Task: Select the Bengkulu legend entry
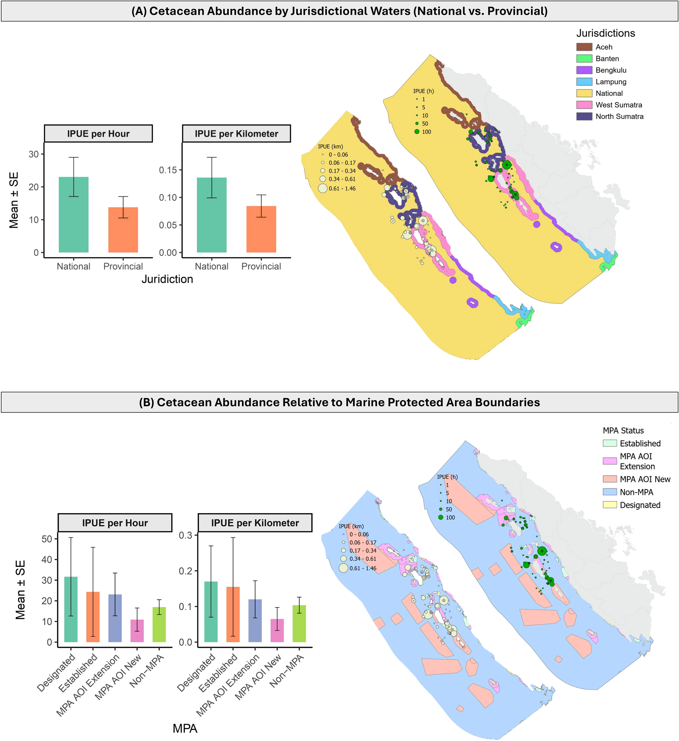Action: point(611,70)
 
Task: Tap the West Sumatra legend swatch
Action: point(584,105)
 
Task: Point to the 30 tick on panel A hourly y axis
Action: point(33,154)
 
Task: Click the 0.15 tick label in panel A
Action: point(168,170)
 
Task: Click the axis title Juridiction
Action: point(167,279)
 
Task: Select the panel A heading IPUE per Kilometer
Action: point(237,134)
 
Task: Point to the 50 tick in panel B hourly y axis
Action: point(47,539)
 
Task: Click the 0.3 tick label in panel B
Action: point(185,536)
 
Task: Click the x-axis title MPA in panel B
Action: point(185,729)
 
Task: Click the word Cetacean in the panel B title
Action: point(180,403)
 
